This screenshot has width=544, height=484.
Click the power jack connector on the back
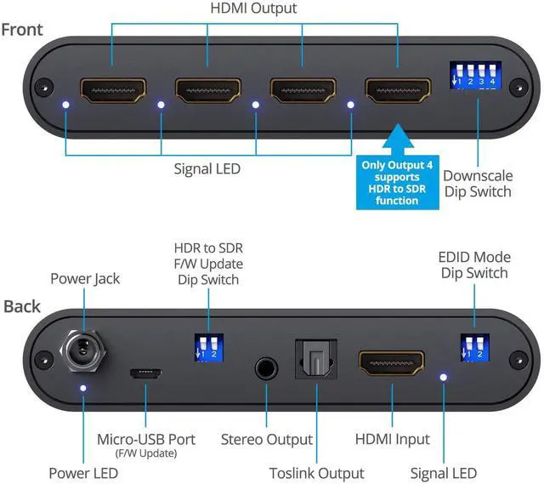point(82,350)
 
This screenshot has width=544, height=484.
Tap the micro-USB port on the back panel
point(145,373)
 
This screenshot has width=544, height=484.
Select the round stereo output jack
point(266,368)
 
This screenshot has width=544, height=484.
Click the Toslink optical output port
point(316,359)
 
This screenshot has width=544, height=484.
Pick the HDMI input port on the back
point(391,363)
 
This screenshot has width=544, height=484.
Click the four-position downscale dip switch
point(475,75)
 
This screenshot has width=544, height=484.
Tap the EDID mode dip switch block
point(474,348)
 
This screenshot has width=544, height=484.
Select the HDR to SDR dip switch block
point(208,348)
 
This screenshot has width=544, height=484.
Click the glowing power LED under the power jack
point(83,388)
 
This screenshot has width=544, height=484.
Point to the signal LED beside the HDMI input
point(443,378)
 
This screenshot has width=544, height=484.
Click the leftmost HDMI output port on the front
point(113,90)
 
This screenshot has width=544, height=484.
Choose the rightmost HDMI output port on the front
point(398,90)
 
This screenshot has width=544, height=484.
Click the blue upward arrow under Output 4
point(398,139)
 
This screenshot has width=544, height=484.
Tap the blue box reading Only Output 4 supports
point(398,183)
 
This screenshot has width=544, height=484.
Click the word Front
point(22,30)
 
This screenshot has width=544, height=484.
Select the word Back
point(22,306)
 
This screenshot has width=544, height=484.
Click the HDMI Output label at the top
point(253,8)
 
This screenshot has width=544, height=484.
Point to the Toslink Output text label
point(317,473)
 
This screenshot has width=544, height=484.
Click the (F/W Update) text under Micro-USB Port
point(146,453)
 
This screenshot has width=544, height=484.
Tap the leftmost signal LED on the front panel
point(65,105)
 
